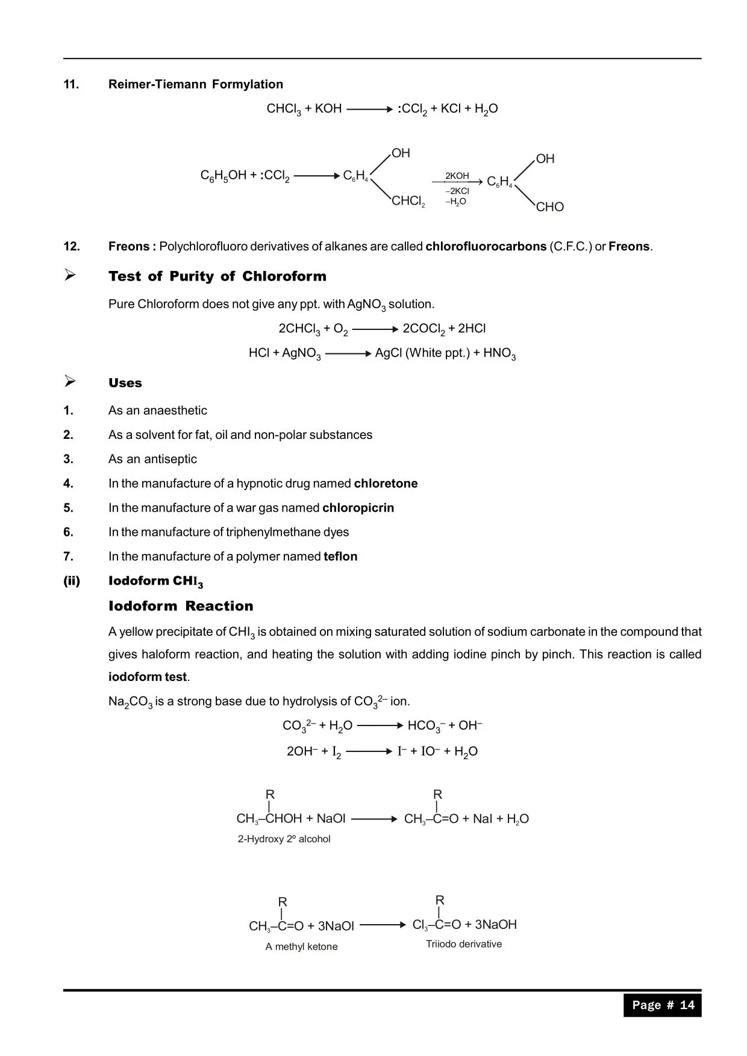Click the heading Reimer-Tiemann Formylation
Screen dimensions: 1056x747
coord(195,84)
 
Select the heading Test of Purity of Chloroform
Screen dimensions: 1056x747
coord(217,276)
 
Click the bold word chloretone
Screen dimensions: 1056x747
coord(386,483)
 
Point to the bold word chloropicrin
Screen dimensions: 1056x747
coord(358,508)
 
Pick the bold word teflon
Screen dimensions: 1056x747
coord(340,556)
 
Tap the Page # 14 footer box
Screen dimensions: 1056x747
coord(663,1005)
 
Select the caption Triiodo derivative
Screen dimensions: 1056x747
coord(464,944)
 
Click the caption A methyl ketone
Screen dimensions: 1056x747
coord(301,946)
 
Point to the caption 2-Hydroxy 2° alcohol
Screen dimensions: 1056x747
coord(284,839)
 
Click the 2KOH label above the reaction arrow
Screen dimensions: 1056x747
coord(457,176)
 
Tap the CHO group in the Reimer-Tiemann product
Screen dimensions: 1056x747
coord(549,207)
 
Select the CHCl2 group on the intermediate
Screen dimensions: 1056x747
coord(408,201)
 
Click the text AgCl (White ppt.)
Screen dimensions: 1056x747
coord(422,353)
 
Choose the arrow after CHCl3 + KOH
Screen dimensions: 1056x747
coord(369,110)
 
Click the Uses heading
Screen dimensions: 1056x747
coord(125,383)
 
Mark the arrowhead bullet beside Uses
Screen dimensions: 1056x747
coord(70,381)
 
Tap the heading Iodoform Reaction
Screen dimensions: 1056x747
coord(181,606)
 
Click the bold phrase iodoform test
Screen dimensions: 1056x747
coord(148,677)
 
